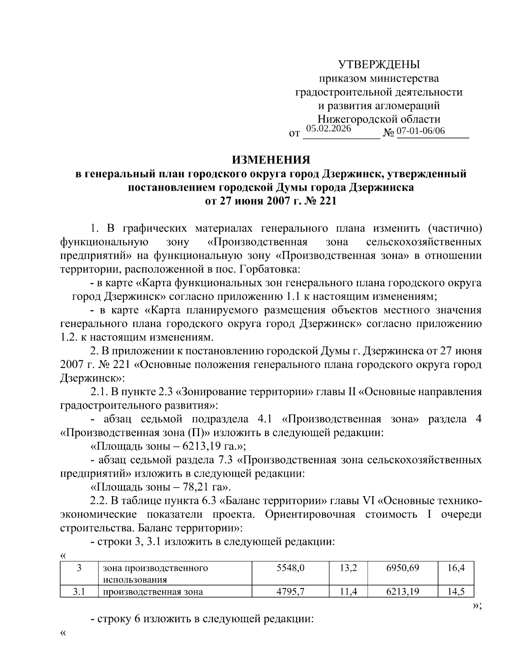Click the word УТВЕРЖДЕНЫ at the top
pos(379,65)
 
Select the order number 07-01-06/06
pos(420,131)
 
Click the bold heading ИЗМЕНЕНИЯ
pos(271,160)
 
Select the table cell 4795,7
pos(291,591)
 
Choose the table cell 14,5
pos(456,591)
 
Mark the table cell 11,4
pos(348,591)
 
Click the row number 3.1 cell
pos(79,591)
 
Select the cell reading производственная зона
pos(153,591)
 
